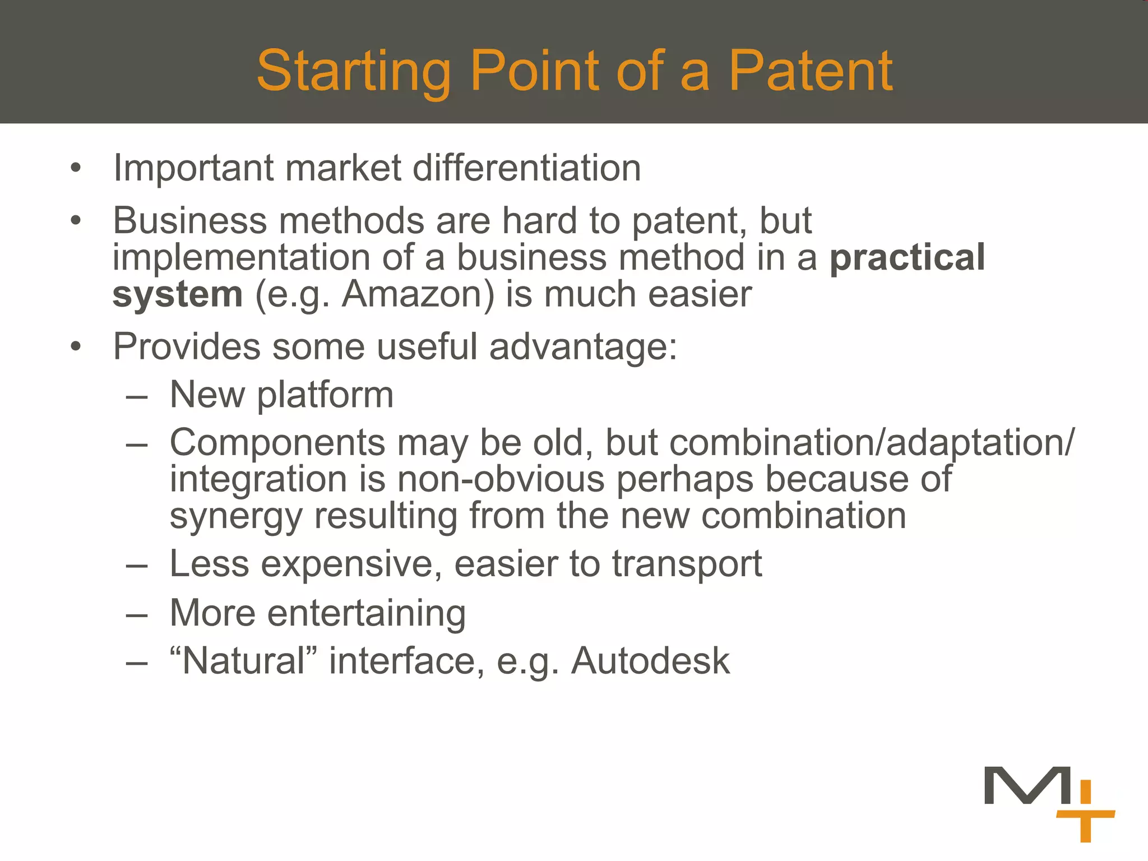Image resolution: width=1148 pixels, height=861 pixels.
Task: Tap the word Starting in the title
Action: coord(354,71)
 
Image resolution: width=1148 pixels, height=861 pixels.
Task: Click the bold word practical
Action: coord(907,257)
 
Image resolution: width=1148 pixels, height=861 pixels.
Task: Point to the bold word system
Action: coord(177,295)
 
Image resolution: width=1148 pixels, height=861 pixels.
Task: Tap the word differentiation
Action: coord(526,168)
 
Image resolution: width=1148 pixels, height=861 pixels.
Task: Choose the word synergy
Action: coord(235,517)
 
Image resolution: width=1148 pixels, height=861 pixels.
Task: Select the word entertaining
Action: coord(366,613)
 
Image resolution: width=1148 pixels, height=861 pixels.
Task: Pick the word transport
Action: coord(687,564)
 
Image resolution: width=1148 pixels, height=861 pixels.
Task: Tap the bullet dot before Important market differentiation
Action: coord(76,168)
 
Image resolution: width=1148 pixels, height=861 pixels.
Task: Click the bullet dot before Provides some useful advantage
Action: coord(76,347)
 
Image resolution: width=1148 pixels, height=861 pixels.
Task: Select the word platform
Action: coord(325,395)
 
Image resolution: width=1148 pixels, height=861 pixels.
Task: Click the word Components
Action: coord(277,443)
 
